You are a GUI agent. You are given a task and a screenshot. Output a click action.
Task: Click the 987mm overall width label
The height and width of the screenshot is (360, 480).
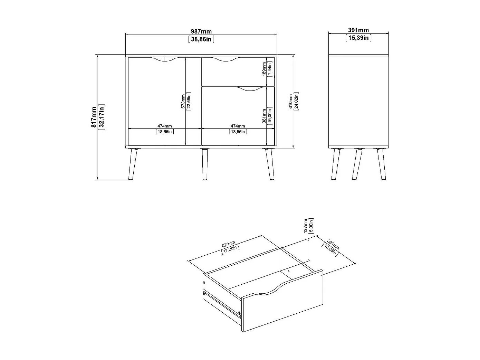201,31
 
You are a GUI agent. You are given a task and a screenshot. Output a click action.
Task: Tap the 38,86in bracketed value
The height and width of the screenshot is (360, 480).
201,39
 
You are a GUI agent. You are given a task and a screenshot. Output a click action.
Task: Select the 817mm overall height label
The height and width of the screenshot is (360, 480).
94,117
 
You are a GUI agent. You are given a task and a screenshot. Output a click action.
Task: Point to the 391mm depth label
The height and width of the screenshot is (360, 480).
358,30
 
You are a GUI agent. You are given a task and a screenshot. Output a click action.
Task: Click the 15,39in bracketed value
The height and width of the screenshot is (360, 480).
358,38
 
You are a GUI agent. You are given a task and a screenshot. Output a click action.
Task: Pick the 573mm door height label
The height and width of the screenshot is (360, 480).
183,101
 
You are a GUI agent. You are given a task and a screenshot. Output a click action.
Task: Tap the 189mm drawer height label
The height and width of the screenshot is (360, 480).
264,69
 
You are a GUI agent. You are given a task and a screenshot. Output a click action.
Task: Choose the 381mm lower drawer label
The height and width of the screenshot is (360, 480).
264,116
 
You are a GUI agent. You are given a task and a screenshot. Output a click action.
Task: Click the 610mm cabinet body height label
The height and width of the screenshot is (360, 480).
291,101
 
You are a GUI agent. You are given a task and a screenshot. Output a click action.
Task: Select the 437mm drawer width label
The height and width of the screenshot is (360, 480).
228,244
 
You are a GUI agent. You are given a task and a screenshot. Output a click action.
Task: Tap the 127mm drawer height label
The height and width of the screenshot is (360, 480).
306,226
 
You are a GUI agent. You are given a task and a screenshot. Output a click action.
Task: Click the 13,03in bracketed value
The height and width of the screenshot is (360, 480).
330,250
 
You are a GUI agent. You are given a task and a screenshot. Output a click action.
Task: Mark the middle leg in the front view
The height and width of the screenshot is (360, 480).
205,164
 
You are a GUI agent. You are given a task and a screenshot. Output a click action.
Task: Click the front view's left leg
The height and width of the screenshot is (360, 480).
133,164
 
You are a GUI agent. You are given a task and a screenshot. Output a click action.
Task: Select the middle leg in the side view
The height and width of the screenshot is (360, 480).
357,164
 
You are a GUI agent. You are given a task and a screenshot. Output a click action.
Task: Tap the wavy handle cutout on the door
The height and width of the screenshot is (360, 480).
164,59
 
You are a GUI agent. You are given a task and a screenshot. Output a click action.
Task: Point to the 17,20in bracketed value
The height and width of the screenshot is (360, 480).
230,249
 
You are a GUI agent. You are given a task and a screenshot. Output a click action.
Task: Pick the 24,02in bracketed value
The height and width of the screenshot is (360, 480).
296,101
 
